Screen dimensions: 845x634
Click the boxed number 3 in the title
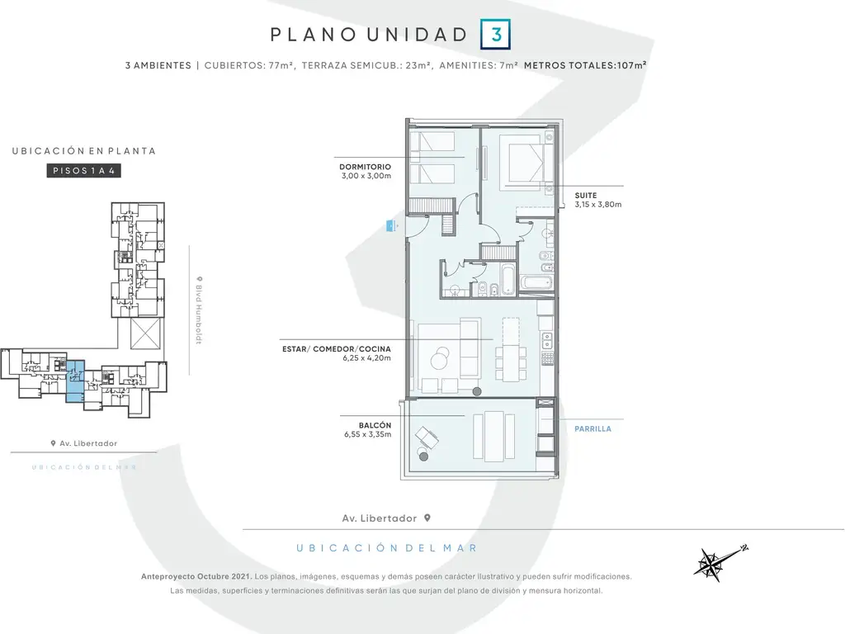(x=495, y=35)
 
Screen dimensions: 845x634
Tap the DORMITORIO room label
(x=365, y=167)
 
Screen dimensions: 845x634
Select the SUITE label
(x=586, y=196)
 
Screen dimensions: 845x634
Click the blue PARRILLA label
(x=592, y=429)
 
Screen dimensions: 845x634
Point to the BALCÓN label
(x=375, y=425)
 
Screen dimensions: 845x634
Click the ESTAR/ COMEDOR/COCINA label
(x=337, y=349)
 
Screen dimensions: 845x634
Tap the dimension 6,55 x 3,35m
(x=367, y=434)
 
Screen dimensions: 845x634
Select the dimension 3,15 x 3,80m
(x=597, y=205)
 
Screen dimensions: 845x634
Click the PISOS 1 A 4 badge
(x=83, y=171)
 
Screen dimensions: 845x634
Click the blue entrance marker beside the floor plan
(x=390, y=226)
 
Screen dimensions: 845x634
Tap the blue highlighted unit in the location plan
(x=75, y=381)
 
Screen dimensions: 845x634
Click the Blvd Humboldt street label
(x=199, y=310)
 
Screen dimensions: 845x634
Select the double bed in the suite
(x=522, y=158)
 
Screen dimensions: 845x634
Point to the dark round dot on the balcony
(x=423, y=457)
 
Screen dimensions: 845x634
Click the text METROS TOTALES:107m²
(x=585, y=65)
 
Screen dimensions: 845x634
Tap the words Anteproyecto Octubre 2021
(x=196, y=576)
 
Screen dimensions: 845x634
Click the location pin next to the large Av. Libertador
(x=427, y=518)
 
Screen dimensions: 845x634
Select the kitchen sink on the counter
(x=547, y=339)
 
